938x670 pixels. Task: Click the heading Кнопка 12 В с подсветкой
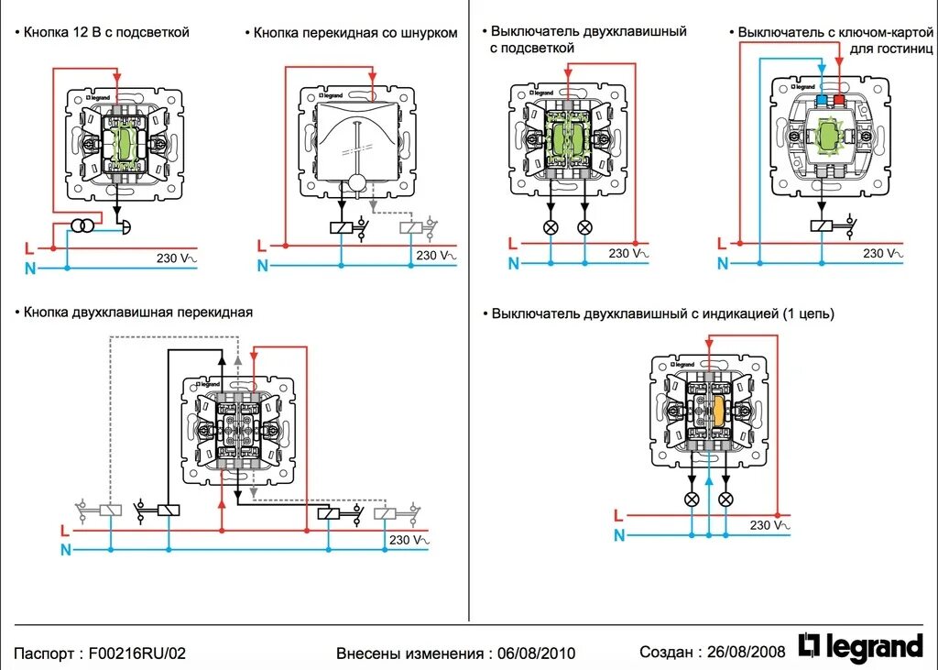point(106,32)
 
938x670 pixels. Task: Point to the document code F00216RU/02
point(136,654)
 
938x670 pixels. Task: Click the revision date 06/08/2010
point(536,654)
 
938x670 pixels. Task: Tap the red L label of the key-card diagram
point(722,244)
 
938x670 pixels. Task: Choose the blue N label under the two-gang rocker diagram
point(65,550)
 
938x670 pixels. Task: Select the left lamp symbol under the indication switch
point(693,499)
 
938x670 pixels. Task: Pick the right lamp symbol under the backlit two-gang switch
point(585,227)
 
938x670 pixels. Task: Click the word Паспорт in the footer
point(43,654)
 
